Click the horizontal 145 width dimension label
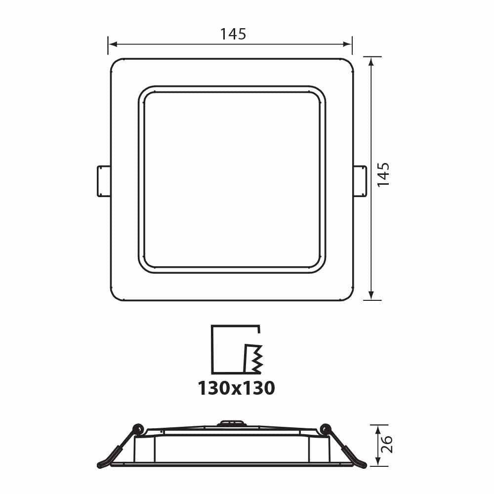pos(233,34)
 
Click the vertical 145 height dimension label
pos(384,174)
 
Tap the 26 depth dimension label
pos(387,445)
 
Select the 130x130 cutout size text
pos(236,388)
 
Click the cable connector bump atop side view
pos(231,423)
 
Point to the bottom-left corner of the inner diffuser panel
pos(145,265)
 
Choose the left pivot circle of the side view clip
pos(138,429)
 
